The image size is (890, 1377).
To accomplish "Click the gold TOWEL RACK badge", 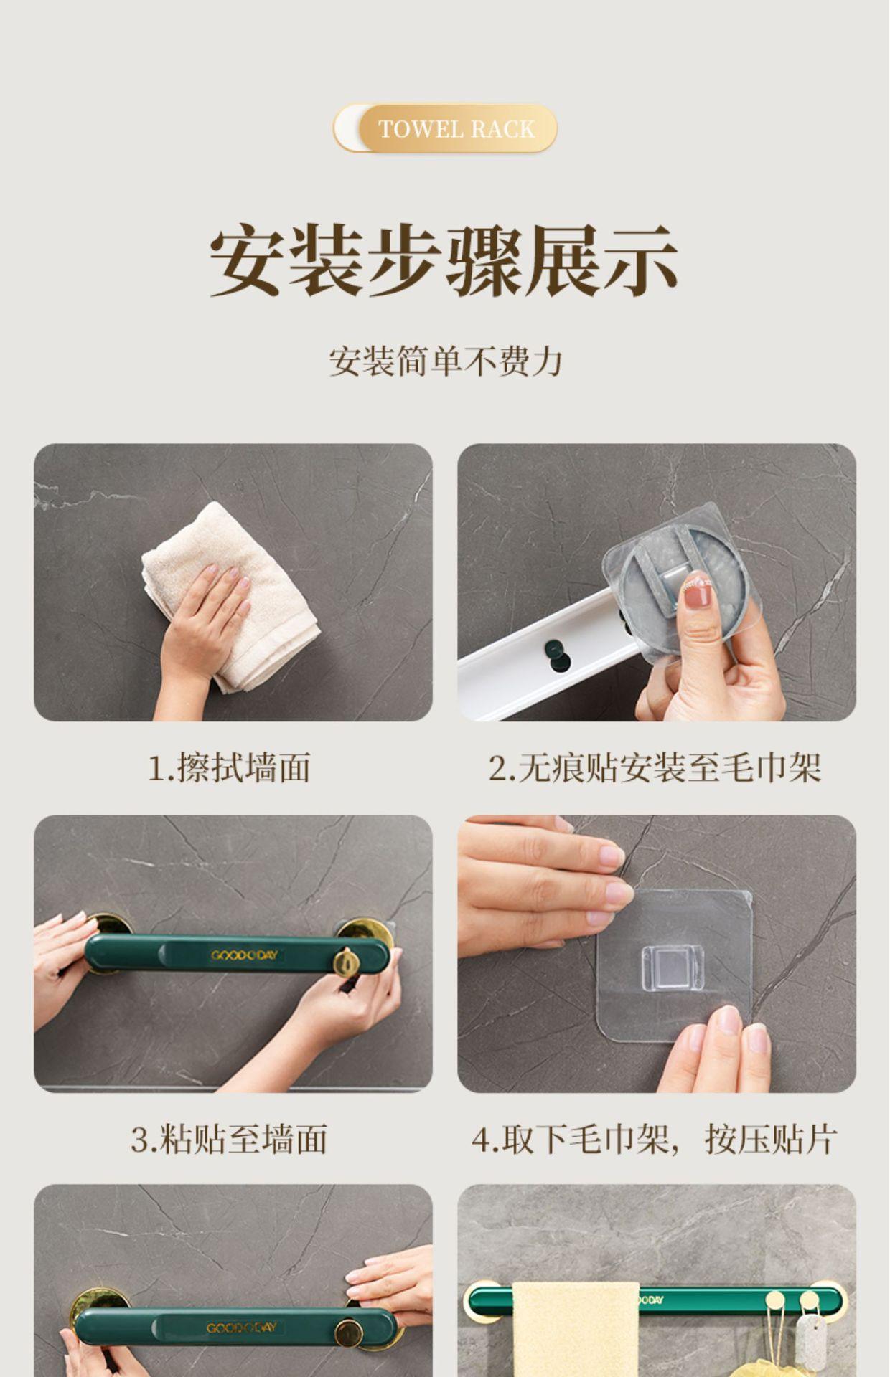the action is (x=445, y=128).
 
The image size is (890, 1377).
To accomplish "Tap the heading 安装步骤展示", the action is (x=444, y=261).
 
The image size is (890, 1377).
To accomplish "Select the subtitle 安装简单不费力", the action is (x=445, y=361).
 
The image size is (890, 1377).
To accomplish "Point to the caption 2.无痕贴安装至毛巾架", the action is (x=655, y=768).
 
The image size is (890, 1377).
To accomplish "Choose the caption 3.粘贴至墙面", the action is (x=230, y=1139).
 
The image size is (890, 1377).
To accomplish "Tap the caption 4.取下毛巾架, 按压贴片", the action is (x=655, y=1139).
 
